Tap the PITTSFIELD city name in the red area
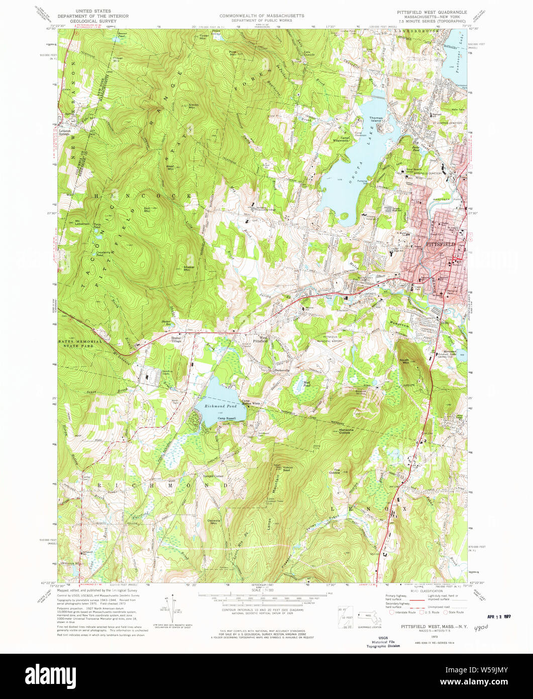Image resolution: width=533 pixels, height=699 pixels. (441, 244)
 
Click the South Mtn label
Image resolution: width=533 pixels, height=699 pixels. (405, 361)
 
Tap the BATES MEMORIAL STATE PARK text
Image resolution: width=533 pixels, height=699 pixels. (79, 343)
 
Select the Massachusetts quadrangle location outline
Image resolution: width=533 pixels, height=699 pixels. (371, 614)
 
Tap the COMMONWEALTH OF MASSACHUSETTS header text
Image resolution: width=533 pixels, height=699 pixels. (262, 16)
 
